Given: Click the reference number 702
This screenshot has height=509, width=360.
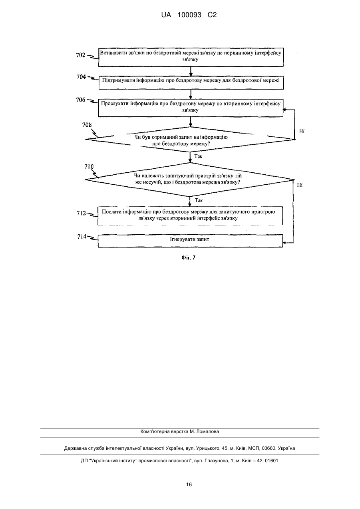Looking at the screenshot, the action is pos(80,55).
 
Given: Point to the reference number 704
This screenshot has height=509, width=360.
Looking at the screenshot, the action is pos(81,77).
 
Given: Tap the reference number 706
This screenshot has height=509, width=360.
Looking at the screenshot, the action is pos(81,100).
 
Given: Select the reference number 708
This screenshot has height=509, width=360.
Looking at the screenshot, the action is pos(87,125).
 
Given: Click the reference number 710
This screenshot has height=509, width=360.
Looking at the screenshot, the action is pos(89,167).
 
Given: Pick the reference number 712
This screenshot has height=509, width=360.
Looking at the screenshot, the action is pos(81,213).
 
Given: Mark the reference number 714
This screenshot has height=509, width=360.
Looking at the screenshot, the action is pos(82,237).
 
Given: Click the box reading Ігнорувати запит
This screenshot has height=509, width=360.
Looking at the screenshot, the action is pos(190,241).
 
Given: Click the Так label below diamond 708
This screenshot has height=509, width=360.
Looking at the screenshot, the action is pos(198,156).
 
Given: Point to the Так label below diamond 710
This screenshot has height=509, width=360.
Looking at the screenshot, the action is pos(199,200).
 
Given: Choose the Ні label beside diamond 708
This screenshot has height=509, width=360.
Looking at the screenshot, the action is pos(302,131).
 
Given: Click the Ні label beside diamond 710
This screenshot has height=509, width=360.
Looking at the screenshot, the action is pos(300,185).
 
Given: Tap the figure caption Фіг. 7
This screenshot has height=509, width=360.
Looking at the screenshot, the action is pos(189,257).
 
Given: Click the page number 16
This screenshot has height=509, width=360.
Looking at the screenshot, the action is pos(189,485).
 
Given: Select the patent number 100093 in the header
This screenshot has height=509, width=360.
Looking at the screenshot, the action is pos(189,15).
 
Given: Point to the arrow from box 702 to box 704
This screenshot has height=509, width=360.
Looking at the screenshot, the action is pos(191,71).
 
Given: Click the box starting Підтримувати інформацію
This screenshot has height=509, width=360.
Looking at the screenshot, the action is pos(191,83).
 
